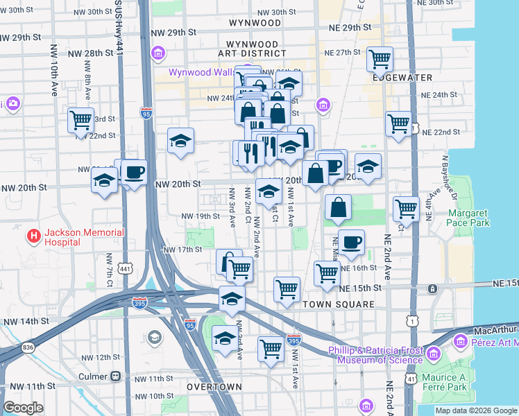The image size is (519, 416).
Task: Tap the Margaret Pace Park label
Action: coord(468,218)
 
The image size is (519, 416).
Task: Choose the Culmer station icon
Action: coord(114,376)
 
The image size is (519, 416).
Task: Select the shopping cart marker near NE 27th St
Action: coord(380,60)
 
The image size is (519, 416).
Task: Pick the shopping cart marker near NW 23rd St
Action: coord(80,120)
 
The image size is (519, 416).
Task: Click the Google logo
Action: coord(23,408)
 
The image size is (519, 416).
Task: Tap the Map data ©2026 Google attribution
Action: coord(475,410)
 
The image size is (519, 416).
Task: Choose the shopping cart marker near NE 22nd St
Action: coord(398,124)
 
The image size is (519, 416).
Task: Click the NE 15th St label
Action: coord(361,288)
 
